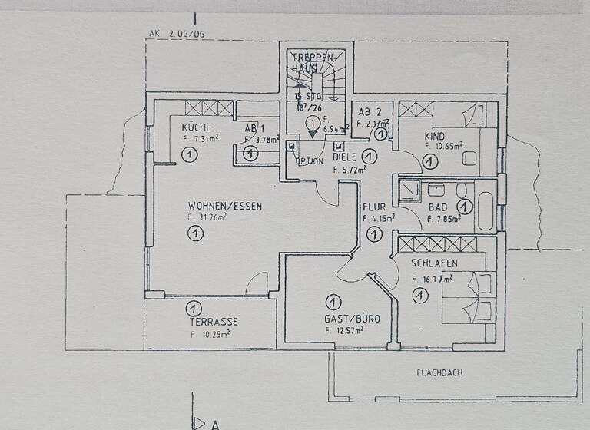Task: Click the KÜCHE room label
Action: click(x=196, y=127)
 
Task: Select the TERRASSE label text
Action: click(x=215, y=322)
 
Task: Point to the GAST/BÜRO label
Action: click(x=352, y=318)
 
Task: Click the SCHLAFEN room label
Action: click(x=434, y=263)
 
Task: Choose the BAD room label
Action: click(x=439, y=207)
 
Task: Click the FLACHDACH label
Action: click(x=439, y=372)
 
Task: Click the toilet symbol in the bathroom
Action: click(x=461, y=190)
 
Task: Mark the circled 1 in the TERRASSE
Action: click(x=190, y=309)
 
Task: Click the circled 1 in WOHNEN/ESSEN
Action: click(x=195, y=234)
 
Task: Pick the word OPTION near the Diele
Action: click(x=310, y=161)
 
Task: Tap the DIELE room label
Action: click(x=345, y=156)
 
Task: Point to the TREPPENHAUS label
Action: click(x=313, y=63)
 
